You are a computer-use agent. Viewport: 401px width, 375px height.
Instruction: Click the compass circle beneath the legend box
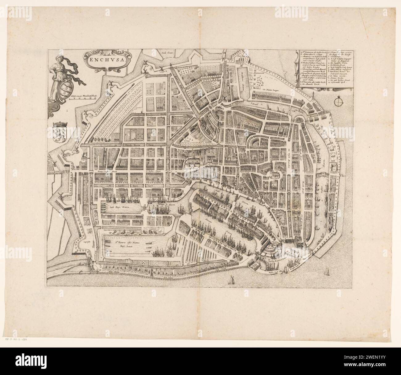coord(338,100)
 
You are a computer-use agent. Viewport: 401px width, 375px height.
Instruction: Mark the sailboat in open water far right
coord(326,272)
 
